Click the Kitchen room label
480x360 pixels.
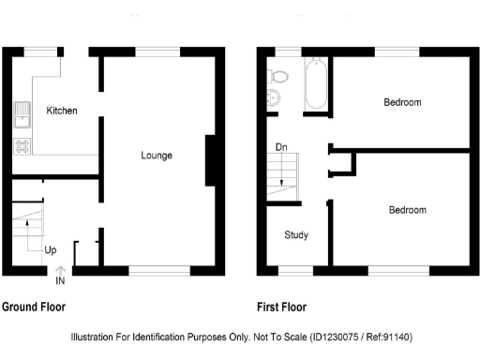pos(61,111)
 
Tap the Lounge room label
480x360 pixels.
pos(157,155)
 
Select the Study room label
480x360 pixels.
pos(296,235)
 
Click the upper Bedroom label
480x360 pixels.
pos(401,102)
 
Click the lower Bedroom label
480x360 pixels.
pos(407,210)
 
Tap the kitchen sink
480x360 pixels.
pos(21,117)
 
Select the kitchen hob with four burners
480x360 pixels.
pos(21,145)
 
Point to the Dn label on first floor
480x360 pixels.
pos(281,147)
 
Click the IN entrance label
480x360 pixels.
pos(60,280)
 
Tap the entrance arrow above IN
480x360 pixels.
pos(60,270)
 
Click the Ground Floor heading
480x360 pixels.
pos(34,307)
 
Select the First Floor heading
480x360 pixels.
pos(281,307)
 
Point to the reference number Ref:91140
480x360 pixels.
pos(384,337)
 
